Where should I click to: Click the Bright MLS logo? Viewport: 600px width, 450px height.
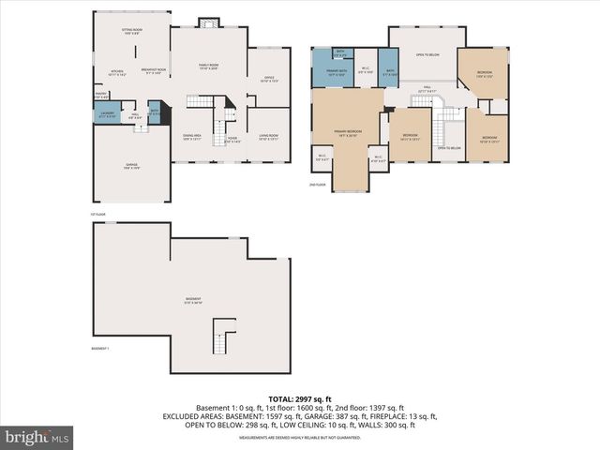[x=37, y=437]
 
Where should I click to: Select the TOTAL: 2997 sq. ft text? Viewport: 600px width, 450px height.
[x=299, y=398]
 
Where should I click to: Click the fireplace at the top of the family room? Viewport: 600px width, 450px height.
[x=207, y=22]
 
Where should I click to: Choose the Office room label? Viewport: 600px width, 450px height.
[x=269, y=79]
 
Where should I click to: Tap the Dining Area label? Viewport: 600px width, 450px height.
[x=192, y=136]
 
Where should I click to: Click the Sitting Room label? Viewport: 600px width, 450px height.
[x=131, y=31]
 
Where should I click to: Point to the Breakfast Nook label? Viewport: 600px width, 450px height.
[x=153, y=70]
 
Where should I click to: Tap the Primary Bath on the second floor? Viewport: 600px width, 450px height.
[x=332, y=72]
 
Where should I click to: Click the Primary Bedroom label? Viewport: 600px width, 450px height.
[x=346, y=133]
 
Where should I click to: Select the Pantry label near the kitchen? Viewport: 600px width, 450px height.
[x=101, y=94]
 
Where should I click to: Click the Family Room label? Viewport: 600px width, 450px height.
[x=207, y=66]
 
